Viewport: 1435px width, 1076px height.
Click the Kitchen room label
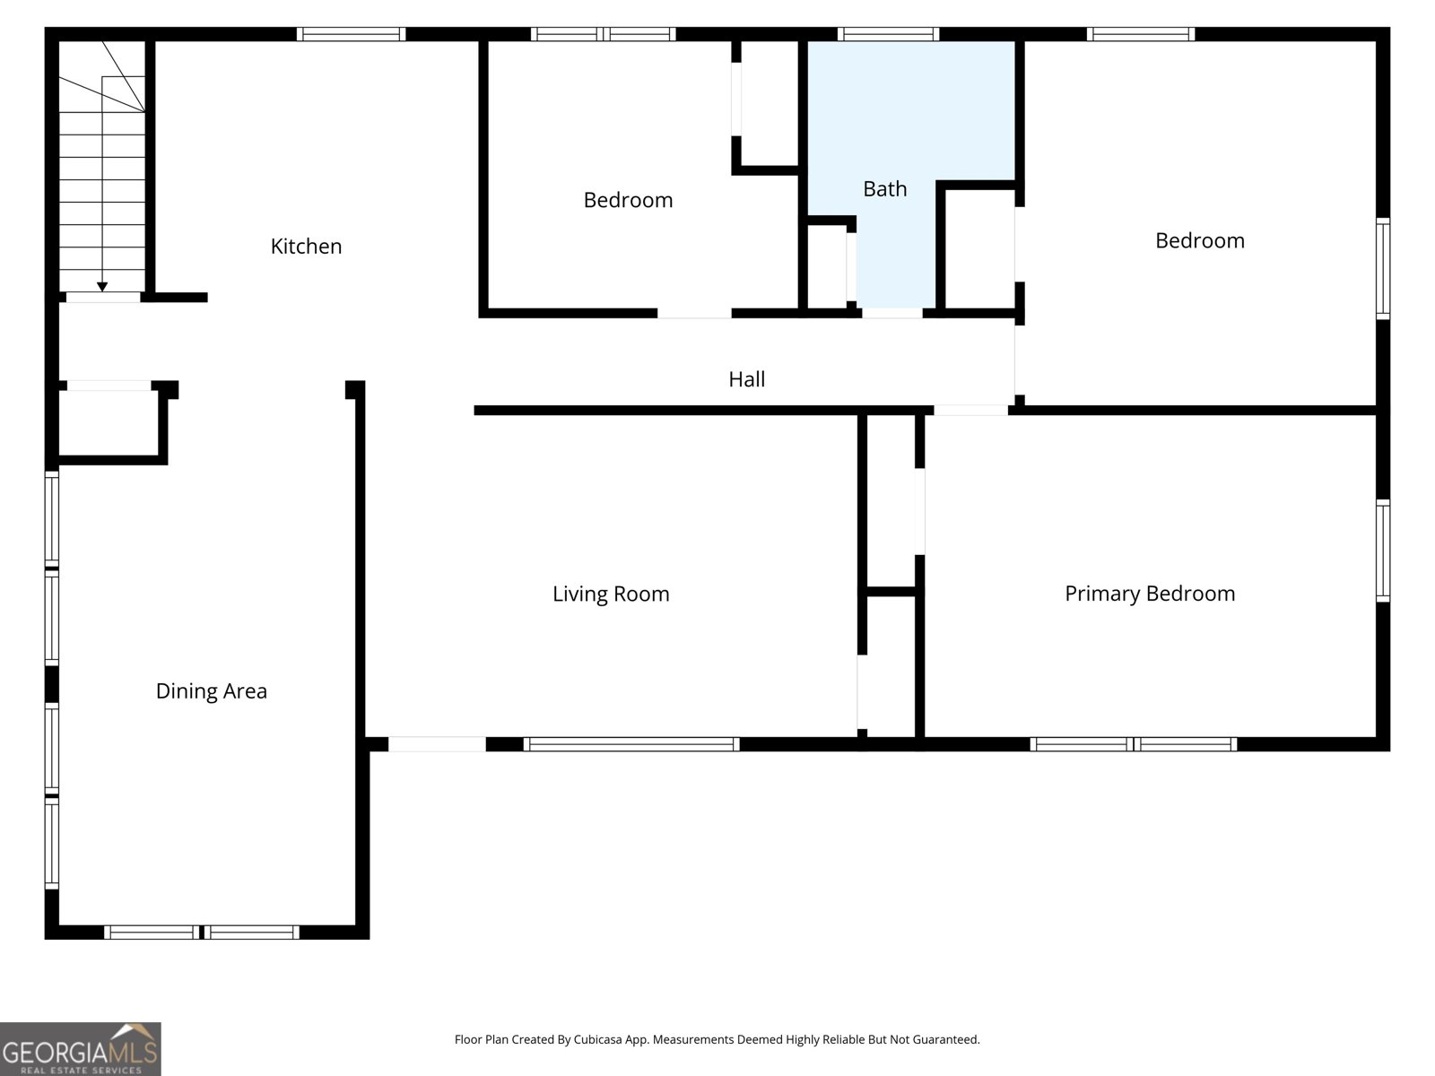[x=306, y=247]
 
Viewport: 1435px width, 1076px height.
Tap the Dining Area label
[x=211, y=691]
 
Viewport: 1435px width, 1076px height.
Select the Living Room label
[x=611, y=594]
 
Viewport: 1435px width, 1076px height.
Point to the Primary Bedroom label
[x=1150, y=594]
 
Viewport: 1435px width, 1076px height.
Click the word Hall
[x=746, y=379]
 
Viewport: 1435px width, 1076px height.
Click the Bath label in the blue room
[x=884, y=189]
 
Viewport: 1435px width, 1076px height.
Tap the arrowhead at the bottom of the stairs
[x=102, y=287]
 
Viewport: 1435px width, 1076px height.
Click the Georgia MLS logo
[x=80, y=1048]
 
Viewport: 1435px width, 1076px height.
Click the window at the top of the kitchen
[x=351, y=34]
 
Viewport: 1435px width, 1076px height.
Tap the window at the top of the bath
[x=888, y=34]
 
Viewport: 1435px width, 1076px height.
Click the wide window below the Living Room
[x=631, y=744]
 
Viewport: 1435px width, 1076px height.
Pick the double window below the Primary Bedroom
[x=1134, y=744]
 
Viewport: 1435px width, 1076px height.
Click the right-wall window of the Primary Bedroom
[x=1383, y=551]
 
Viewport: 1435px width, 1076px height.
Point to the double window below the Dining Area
[x=202, y=933]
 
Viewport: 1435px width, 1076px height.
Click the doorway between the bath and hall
[x=891, y=313]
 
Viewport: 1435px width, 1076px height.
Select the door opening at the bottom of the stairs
[x=103, y=297]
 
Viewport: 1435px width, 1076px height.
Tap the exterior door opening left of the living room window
[x=437, y=744]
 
